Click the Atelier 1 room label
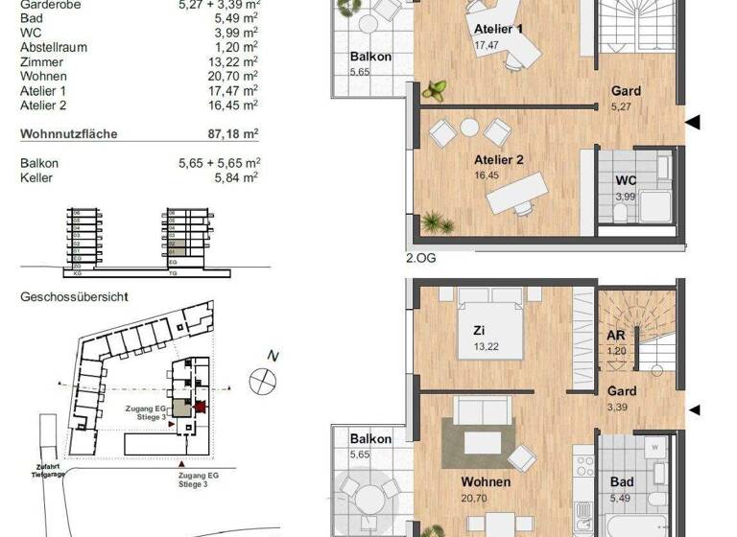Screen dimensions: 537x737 (x=498, y=29)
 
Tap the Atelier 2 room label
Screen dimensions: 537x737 (x=498, y=160)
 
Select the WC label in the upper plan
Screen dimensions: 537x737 (x=625, y=179)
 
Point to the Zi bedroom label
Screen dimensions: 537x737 (x=478, y=329)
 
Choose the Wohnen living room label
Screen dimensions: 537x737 (x=484, y=481)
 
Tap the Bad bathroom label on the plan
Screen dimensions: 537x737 (x=622, y=481)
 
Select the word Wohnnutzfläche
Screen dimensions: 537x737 (x=69, y=134)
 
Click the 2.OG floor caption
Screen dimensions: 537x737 (x=420, y=257)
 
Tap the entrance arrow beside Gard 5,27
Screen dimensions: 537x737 (x=693, y=122)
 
